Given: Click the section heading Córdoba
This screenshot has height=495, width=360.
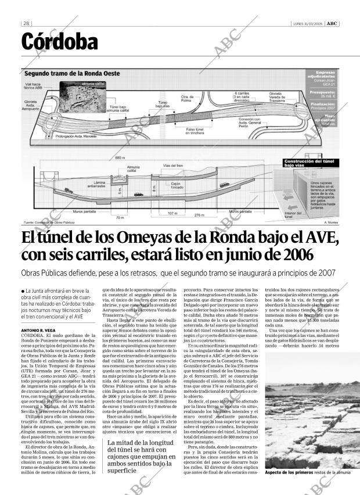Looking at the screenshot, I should pyautogui.click(x=60, y=42).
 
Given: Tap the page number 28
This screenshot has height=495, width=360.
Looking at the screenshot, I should pyautogui.click(x=26, y=23).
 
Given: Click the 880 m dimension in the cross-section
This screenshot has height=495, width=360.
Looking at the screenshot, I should pyautogui.click(x=120, y=157).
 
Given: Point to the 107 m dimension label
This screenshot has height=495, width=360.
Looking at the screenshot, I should pyautogui.click(x=172, y=213).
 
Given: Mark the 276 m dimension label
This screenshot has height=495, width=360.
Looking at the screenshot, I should pyautogui.click(x=199, y=216).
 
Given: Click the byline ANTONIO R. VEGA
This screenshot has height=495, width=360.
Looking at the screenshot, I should pyautogui.click(x=38, y=331).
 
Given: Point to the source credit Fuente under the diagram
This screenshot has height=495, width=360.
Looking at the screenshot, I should pyautogui.click(x=49, y=223).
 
